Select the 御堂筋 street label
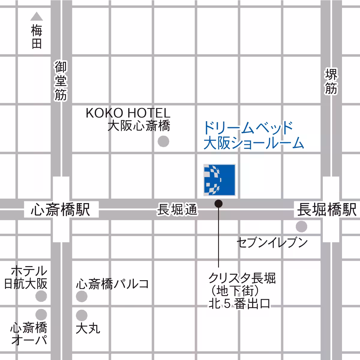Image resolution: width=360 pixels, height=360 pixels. coord(61,80)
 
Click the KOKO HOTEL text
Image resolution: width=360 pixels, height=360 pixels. coord(128,113)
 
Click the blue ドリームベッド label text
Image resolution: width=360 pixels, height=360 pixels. coord(248,128)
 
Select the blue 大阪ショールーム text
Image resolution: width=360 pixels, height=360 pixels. coord(254,143)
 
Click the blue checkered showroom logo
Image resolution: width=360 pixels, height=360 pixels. coord(219,180)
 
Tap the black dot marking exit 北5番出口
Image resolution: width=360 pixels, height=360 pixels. coord(219,204)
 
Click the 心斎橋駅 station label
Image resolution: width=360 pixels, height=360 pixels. coord(61,209)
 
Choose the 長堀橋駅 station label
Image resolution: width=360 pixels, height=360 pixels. coord(326,209)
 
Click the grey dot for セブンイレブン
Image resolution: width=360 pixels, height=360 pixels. coord(301,226)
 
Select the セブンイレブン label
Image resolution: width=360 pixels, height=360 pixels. coord(272,242)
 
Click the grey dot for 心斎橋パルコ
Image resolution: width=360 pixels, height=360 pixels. coord(82,296)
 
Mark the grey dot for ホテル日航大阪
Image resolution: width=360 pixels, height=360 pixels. coord(41,296)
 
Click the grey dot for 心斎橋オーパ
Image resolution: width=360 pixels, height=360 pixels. coord(41,314)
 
